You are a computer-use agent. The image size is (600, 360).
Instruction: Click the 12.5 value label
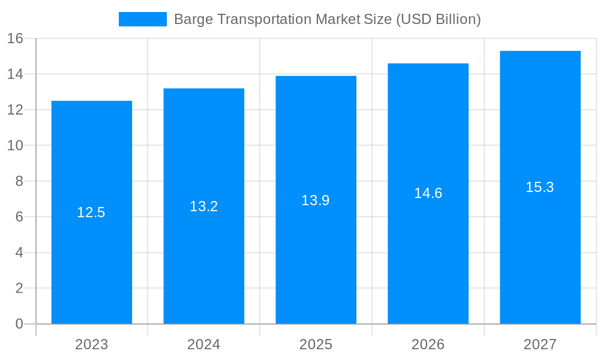tap(91, 212)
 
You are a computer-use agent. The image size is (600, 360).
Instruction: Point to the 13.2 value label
tap(204, 206)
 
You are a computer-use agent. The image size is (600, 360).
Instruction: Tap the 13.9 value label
tap(316, 200)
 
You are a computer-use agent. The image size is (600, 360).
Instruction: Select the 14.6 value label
tap(428, 193)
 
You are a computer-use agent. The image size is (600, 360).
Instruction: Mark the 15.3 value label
tap(540, 187)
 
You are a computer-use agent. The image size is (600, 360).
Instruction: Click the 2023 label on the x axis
tap(92, 344)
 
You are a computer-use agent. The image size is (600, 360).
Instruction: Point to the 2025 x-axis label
tap(316, 344)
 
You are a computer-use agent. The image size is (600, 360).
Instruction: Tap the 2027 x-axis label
tap(540, 344)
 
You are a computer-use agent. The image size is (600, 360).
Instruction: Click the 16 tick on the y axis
tap(15, 38)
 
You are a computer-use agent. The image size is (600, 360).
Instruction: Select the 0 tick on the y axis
tap(19, 324)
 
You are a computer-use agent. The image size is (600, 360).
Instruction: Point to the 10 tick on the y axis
tap(15, 145)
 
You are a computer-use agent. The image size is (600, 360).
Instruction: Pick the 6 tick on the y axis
tap(19, 217)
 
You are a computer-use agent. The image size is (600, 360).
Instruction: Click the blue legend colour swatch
tap(143, 19)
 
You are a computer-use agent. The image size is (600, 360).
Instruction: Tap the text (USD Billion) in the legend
tap(438, 20)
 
